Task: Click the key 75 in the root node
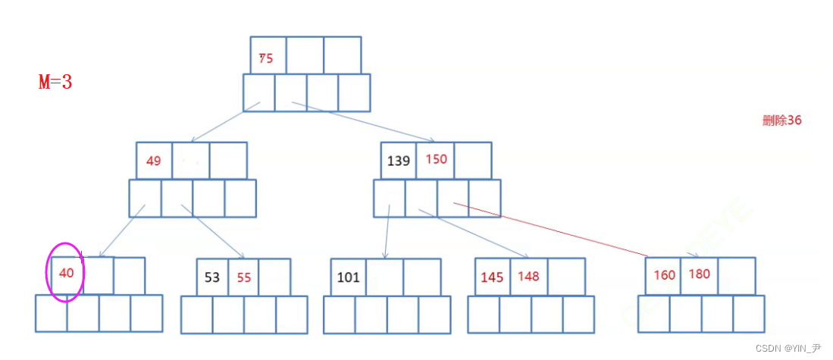click(266, 58)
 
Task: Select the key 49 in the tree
click(153, 161)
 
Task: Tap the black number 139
click(399, 161)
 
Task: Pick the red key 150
click(437, 159)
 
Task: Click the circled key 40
click(67, 274)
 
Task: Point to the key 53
click(212, 277)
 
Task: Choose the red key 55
click(244, 277)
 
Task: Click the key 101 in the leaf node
click(348, 277)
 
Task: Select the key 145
click(492, 277)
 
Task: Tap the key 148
click(528, 276)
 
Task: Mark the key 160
click(664, 275)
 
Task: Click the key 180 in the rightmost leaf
click(699, 274)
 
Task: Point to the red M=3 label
click(55, 82)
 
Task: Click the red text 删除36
click(781, 120)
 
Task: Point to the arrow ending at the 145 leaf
click(474, 234)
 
